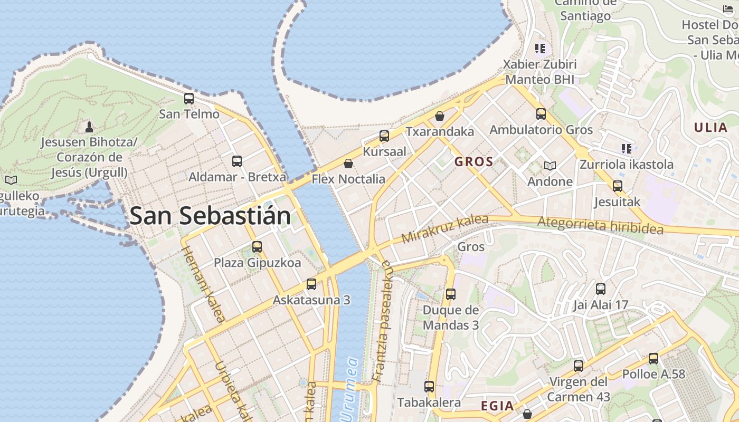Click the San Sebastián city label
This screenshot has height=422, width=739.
(210, 216)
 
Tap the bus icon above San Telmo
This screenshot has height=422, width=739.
(189, 99)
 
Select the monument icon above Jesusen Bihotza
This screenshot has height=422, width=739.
(89, 127)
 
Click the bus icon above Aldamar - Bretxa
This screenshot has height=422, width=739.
(237, 161)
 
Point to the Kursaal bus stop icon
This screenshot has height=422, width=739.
(384, 136)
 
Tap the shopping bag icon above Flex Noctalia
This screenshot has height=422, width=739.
(348, 164)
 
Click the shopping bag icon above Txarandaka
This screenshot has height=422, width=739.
(440, 116)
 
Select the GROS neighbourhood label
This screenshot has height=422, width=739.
(474, 162)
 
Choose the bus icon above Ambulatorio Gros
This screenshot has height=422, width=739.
(541, 114)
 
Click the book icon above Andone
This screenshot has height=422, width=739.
(550, 166)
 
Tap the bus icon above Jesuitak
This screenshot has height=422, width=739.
(618, 186)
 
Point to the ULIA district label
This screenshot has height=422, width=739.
(711, 127)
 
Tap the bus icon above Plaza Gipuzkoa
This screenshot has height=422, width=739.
(257, 247)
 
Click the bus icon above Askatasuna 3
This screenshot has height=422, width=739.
(311, 284)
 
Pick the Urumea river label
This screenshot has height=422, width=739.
(350, 390)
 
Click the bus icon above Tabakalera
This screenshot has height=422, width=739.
(429, 387)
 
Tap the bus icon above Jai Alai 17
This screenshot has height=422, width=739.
(601, 289)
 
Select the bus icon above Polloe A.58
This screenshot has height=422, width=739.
(653, 359)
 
